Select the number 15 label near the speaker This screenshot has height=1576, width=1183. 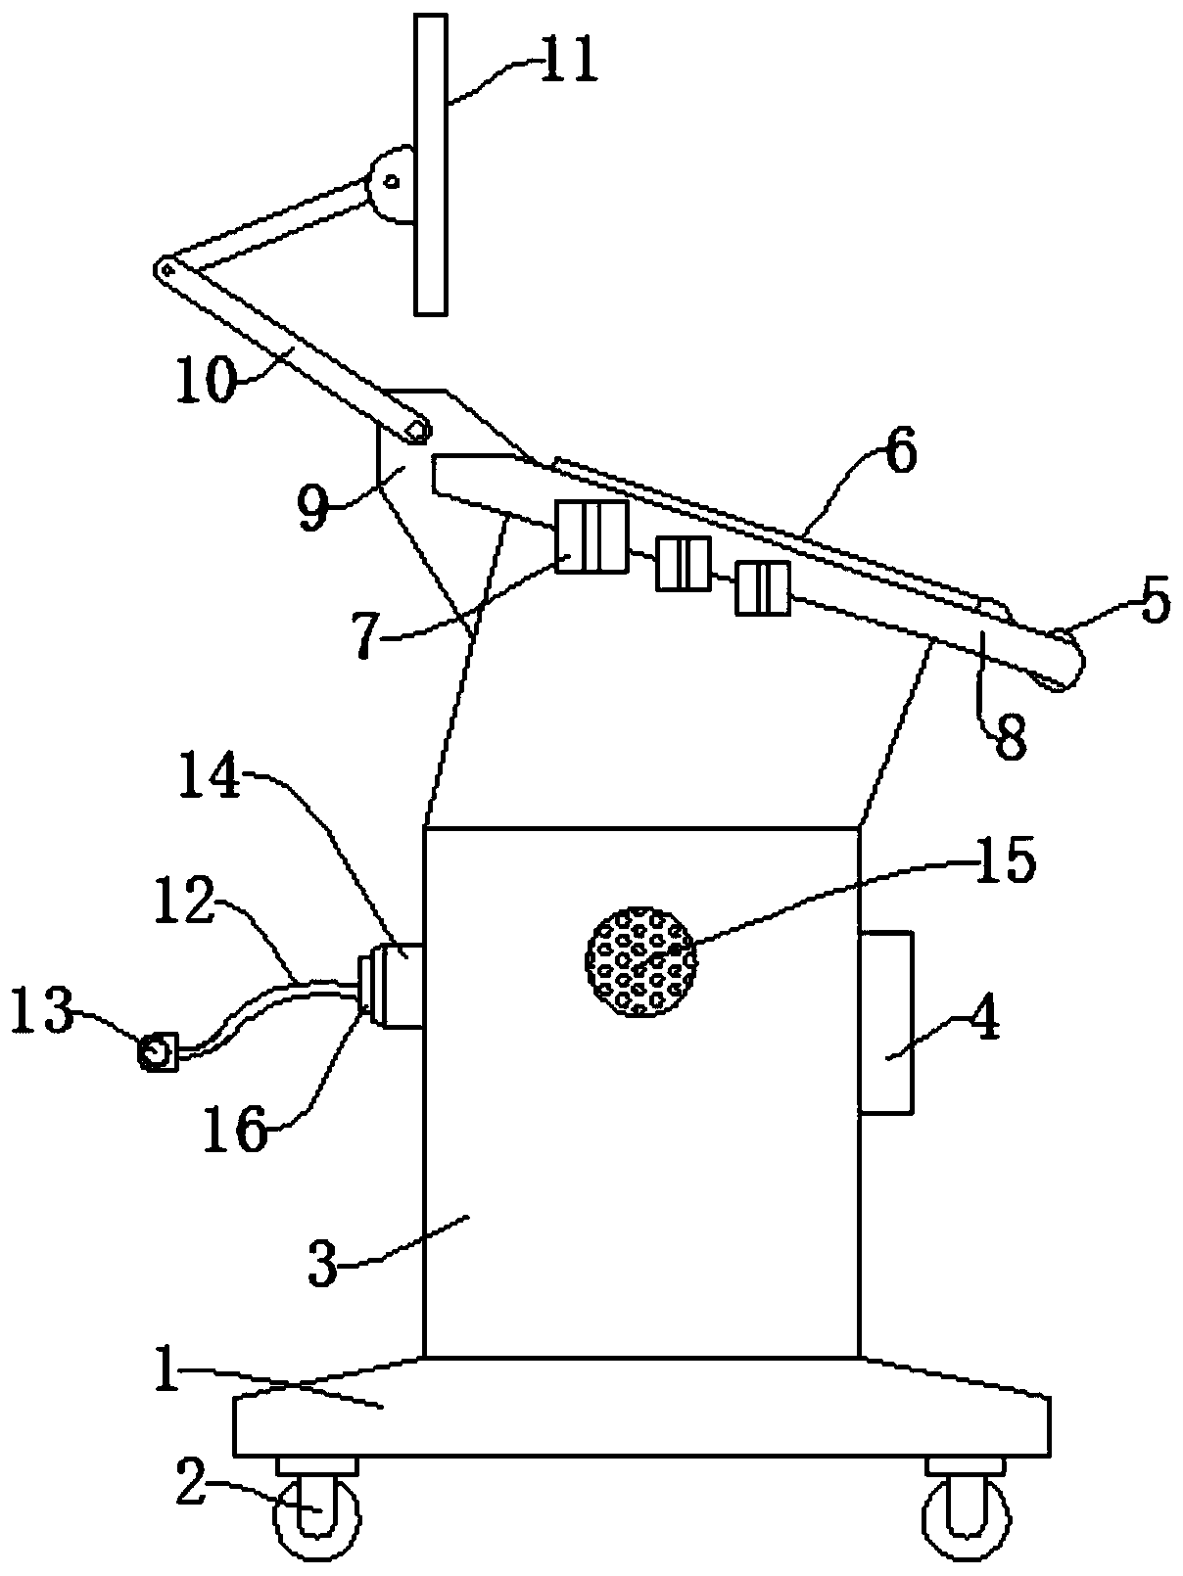[1005, 861]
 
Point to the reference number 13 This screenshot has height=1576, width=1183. [40, 1012]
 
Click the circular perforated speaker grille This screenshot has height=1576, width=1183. [640, 960]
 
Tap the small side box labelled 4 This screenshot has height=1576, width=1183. [885, 1022]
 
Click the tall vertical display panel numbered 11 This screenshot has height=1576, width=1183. [430, 164]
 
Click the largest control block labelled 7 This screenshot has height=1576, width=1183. [591, 535]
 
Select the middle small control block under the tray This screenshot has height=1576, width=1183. [683, 563]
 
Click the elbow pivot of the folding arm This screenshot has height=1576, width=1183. [166, 268]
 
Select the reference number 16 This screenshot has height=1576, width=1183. [235, 1132]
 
